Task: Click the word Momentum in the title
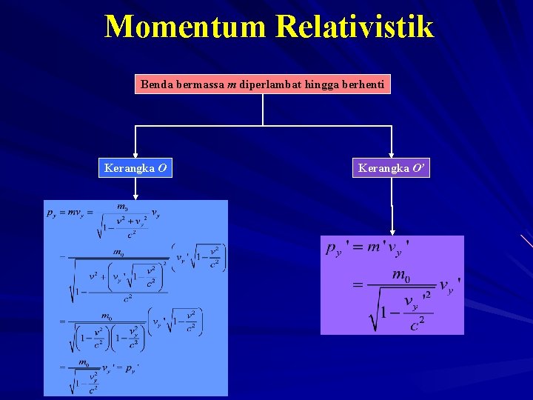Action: (x=185, y=27)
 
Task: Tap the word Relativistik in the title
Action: (x=355, y=27)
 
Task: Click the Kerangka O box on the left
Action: (x=135, y=168)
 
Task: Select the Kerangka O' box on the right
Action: (x=392, y=168)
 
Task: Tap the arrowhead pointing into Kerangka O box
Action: (x=135, y=155)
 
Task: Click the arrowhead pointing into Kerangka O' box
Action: (x=392, y=155)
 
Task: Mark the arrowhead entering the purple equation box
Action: (x=392, y=231)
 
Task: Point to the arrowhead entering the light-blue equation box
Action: (x=135, y=196)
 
